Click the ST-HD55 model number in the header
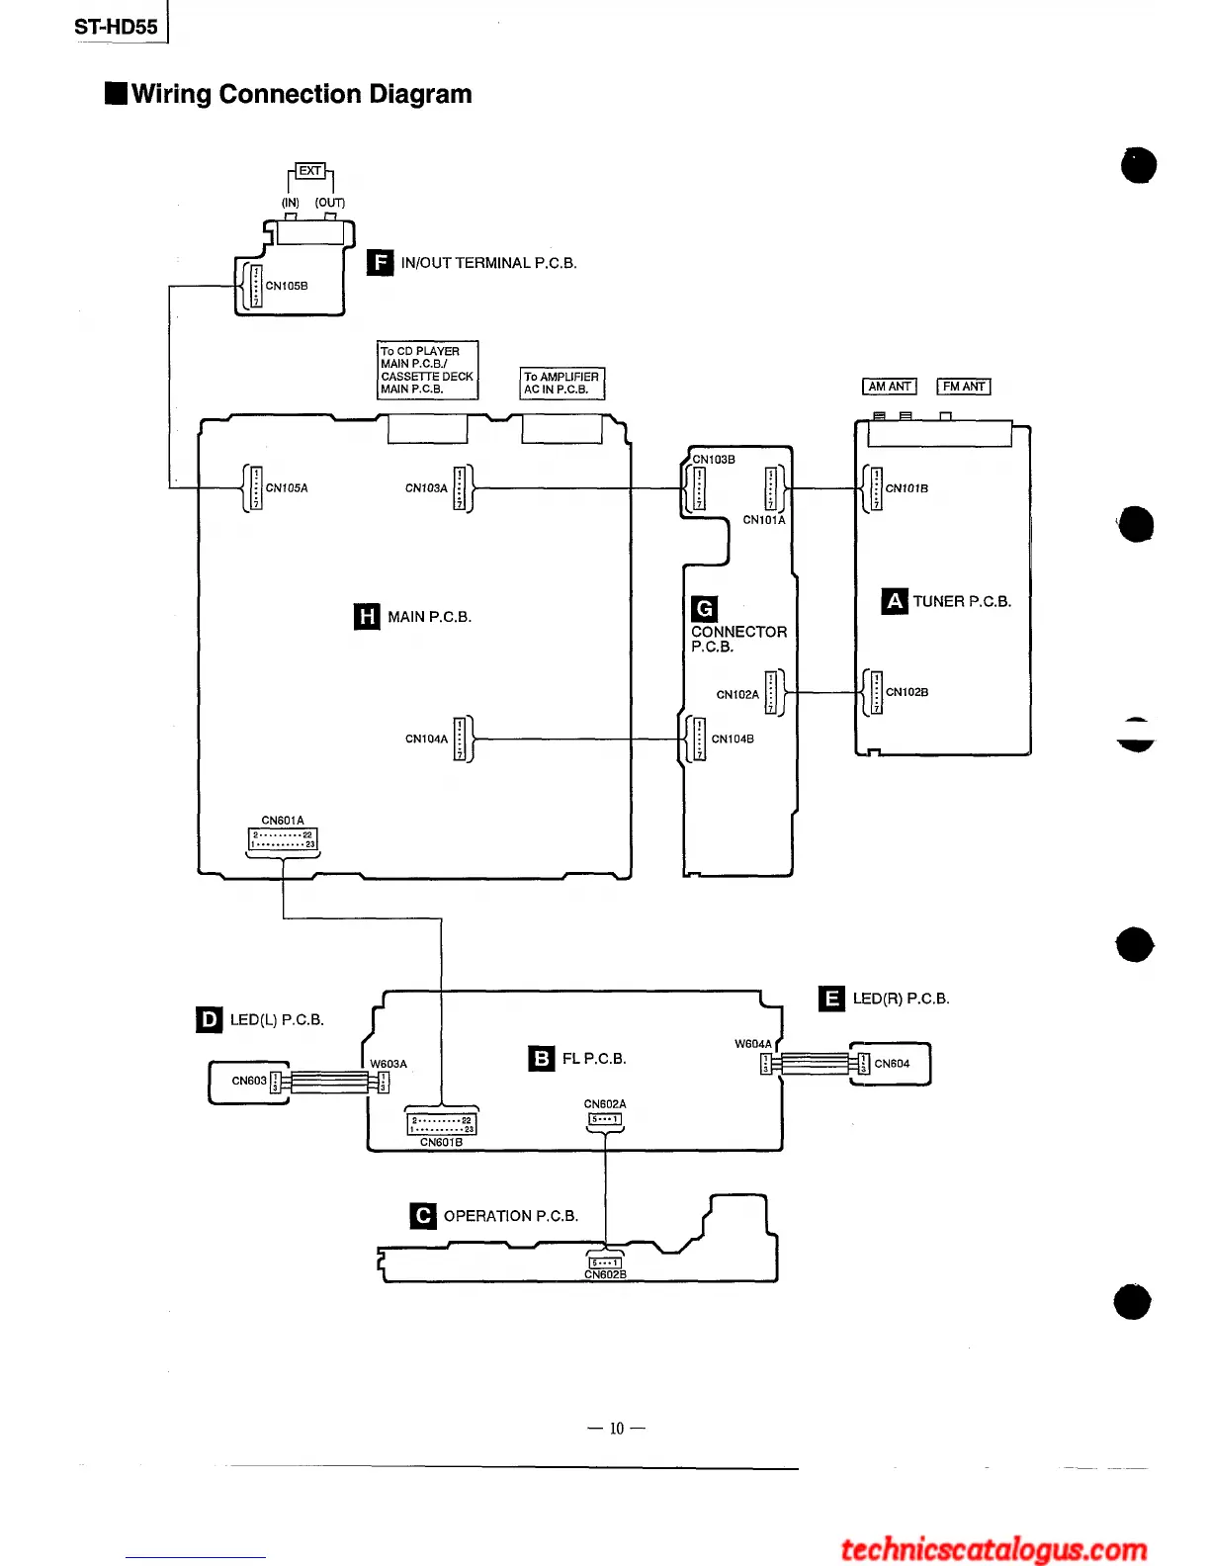(x=116, y=27)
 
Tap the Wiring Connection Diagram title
(x=301, y=94)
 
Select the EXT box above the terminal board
(x=310, y=171)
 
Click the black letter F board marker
(x=380, y=262)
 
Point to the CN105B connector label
(x=287, y=286)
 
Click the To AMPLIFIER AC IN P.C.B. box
(x=562, y=383)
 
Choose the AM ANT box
(x=890, y=387)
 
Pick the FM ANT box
(x=964, y=387)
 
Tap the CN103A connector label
(x=426, y=488)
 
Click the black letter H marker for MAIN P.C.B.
(x=367, y=617)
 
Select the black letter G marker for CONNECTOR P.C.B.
(x=705, y=609)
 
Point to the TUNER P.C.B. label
(x=962, y=601)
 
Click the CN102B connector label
(x=907, y=692)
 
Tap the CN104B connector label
(x=733, y=739)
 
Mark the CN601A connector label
(x=283, y=821)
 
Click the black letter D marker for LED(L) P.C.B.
(x=210, y=1019)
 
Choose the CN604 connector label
(x=892, y=1064)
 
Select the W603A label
(x=389, y=1064)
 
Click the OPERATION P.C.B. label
(x=510, y=1216)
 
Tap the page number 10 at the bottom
(x=617, y=1429)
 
